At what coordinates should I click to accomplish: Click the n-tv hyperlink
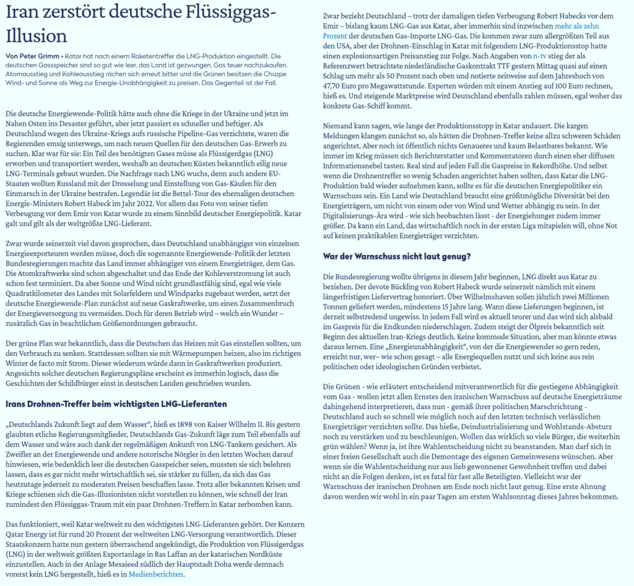[539, 57]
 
